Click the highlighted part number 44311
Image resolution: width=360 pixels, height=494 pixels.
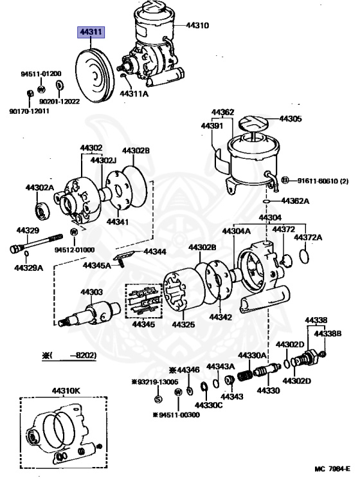(91, 32)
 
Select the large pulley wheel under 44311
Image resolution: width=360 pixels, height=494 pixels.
(94, 76)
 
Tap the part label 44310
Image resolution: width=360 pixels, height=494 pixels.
(197, 25)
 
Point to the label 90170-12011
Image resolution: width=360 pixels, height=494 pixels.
(30, 111)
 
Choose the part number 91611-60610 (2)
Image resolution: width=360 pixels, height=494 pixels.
(323, 181)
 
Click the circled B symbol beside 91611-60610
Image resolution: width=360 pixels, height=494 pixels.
(284, 180)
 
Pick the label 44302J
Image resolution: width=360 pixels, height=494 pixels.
(104, 160)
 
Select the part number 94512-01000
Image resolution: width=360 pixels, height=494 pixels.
(75, 250)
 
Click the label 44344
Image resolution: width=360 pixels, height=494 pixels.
(155, 252)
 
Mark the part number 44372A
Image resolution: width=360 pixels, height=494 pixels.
(308, 237)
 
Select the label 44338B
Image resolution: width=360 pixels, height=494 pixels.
(328, 333)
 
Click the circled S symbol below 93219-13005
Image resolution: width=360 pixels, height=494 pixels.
(158, 399)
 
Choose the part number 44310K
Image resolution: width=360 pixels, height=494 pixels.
(66, 391)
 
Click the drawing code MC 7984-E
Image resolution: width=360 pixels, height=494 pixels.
(332, 469)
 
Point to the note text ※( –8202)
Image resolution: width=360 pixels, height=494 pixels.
(69, 355)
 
